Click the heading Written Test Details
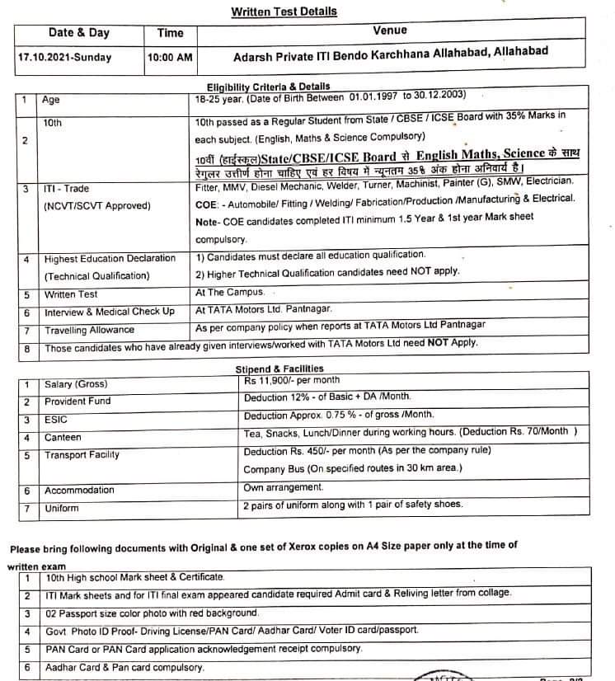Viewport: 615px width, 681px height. (284, 12)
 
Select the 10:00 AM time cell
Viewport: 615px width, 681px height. (170, 58)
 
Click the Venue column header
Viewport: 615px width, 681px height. (390, 31)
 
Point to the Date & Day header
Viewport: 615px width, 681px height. (78, 33)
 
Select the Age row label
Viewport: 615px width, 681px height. (51, 100)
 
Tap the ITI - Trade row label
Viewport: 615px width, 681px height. (67, 189)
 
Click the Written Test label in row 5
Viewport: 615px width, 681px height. (72, 294)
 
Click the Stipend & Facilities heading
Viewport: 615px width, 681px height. (279, 369)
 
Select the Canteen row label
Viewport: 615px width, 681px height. (63, 437)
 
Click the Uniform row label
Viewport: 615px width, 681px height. (62, 508)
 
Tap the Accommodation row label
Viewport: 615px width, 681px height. (79, 490)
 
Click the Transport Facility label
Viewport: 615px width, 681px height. (82, 454)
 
